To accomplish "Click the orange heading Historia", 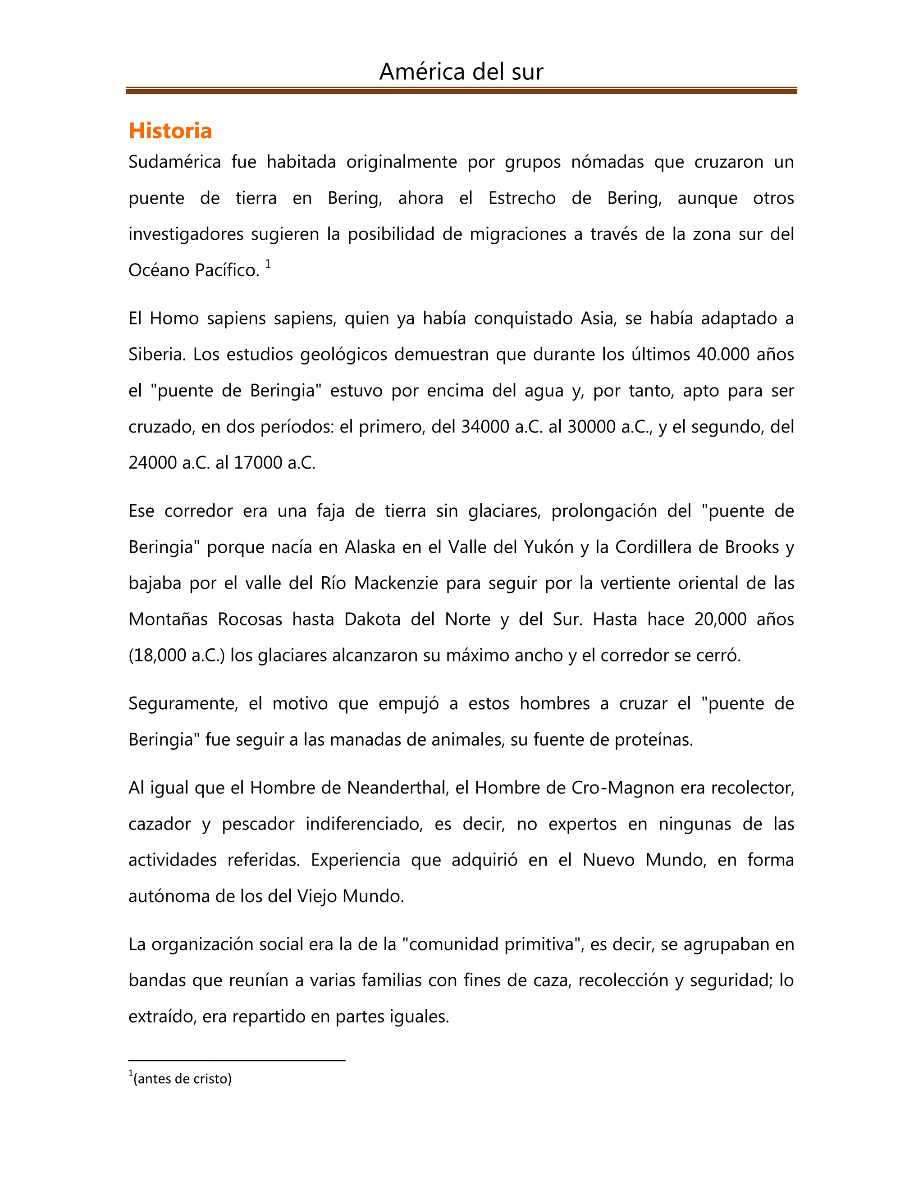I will tap(170, 131).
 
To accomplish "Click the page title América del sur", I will tap(461, 72).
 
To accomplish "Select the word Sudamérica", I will tap(174, 162).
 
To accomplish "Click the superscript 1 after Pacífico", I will tap(268, 264).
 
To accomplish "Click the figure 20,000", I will tap(720, 619).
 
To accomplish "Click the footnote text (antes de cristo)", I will tap(182, 1079).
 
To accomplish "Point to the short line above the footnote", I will tap(237, 1061).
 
